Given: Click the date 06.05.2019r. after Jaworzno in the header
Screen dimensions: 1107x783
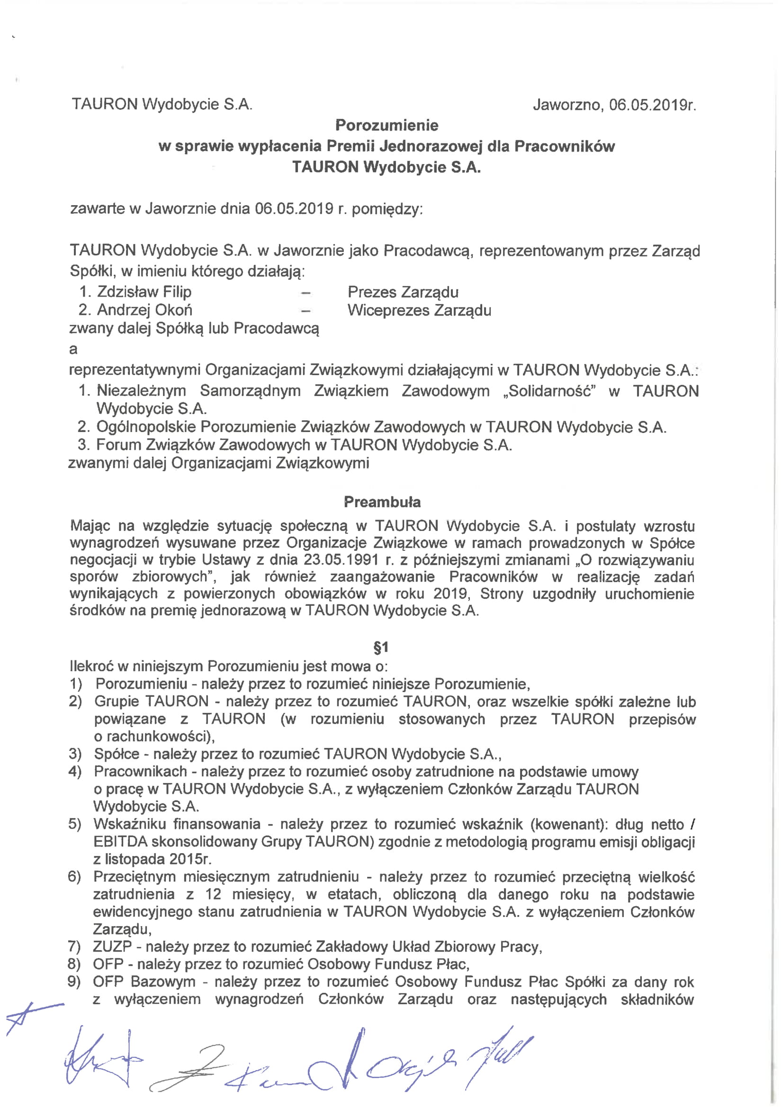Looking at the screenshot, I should tap(652, 105).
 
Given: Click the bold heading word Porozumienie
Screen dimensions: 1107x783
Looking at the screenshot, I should tap(387, 126).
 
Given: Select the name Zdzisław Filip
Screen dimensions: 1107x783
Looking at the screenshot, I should tap(144, 292).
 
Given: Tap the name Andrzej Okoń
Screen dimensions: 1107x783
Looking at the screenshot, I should tap(144, 310).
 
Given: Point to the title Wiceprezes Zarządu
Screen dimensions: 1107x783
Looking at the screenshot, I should tap(419, 310).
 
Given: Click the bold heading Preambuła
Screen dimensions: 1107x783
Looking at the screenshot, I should tap(382, 502).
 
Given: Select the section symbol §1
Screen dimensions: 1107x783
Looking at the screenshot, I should tap(381, 647).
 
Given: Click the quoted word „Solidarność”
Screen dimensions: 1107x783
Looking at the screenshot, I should tap(549, 390).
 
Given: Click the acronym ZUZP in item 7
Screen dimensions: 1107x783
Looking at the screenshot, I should tap(112, 946).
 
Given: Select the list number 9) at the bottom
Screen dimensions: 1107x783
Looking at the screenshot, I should tap(75, 981).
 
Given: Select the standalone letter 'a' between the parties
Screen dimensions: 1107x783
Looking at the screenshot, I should tap(73, 349).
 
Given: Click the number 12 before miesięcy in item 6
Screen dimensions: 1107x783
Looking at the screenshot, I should tap(213, 894).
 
